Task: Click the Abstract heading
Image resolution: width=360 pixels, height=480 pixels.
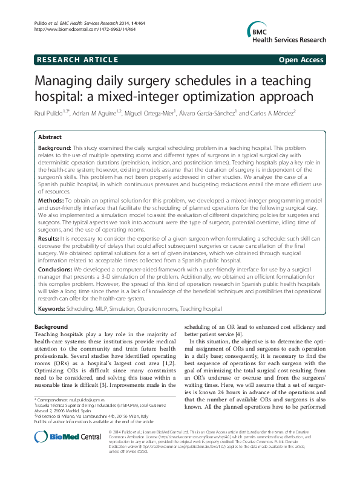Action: (x=50, y=138)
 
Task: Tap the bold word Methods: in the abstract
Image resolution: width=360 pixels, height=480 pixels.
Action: (x=51, y=199)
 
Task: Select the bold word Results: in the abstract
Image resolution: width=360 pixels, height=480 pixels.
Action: (x=49, y=239)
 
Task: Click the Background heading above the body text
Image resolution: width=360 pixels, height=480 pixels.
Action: (x=51, y=327)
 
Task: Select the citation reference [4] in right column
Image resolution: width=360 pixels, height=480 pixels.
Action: (x=240, y=334)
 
